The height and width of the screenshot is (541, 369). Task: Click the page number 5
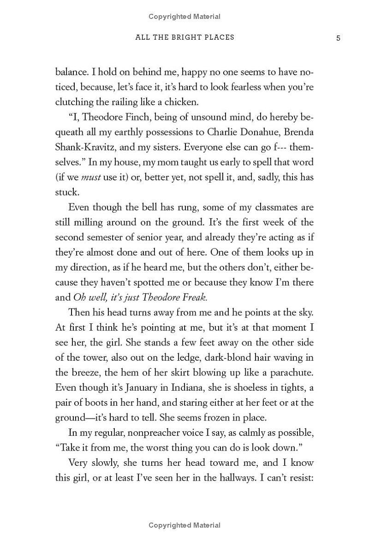[x=338, y=38]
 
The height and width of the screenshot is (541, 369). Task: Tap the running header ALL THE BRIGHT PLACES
[x=184, y=37]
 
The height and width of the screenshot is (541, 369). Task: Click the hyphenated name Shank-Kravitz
[x=85, y=147]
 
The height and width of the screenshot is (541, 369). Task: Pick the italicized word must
[x=91, y=177]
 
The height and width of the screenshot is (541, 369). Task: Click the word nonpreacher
[x=152, y=433]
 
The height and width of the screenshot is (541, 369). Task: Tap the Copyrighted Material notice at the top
[x=184, y=17]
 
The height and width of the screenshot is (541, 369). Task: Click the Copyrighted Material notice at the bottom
[x=184, y=525]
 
